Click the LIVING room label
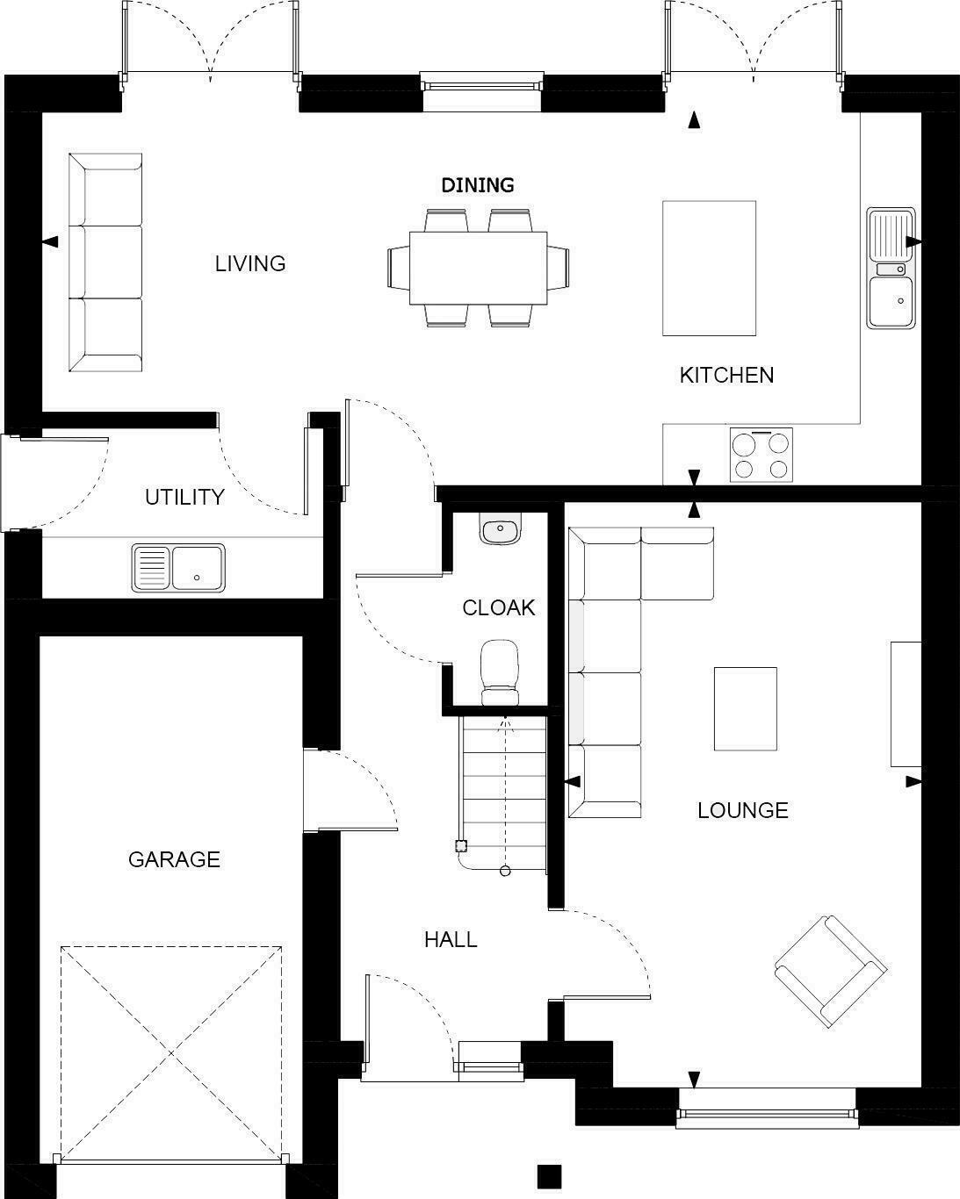point(250,263)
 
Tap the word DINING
point(477,185)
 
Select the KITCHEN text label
point(726,375)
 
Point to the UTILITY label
point(184,497)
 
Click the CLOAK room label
point(498,607)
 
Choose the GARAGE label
point(174,859)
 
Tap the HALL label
point(451,940)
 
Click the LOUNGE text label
point(742,810)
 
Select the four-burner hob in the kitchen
point(761,455)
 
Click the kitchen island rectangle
point(709,268)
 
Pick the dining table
point(478,268)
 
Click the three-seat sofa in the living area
point(105,262)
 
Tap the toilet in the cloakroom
point(500,671)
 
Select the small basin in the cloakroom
point(501,529)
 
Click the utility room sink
point(178,567)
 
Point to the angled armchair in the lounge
point(830,972)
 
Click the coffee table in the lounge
point(745,708)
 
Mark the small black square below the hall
point(549,1175)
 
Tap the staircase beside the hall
point(503,790)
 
